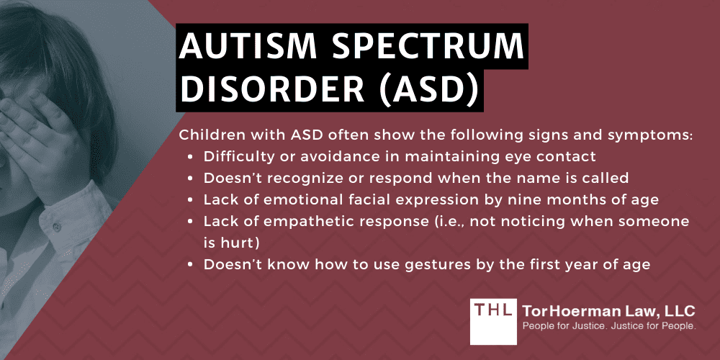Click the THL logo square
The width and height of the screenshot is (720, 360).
point(492,320)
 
